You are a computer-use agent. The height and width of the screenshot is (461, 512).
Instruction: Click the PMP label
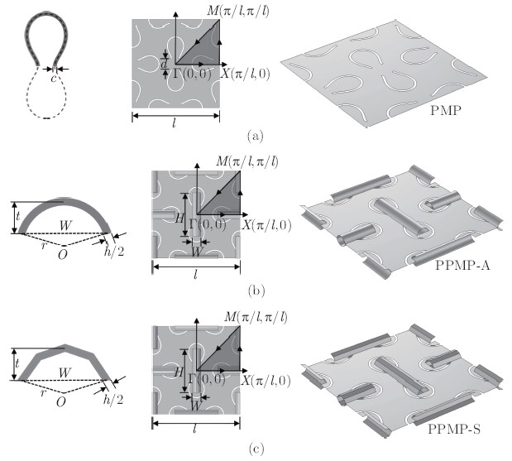coord(446,111)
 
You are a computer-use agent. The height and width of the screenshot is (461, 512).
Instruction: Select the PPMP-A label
coord(462,266)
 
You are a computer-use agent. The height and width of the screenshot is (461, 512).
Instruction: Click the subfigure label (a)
coord(255,135)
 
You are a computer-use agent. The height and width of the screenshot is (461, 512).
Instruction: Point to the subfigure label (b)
coord(256,291)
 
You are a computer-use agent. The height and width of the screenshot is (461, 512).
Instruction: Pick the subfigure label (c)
coord(256,449)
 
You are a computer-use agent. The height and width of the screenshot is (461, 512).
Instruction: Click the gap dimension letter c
coord(54,78)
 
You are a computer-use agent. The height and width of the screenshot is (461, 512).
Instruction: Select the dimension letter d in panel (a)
coord(164,64)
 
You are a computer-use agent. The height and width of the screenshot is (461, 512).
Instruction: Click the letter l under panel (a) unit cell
coord(175,123)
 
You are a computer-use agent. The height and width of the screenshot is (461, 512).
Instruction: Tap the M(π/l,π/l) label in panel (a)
coord(238,12)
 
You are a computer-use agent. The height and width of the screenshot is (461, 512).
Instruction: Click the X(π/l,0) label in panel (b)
coord(266,225)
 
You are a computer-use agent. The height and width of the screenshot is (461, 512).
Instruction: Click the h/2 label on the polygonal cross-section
coord(113,399)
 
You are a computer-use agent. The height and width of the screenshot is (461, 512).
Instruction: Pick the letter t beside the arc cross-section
coord(17,216)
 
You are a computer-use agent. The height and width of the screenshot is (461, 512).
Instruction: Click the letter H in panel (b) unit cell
coord(179,218)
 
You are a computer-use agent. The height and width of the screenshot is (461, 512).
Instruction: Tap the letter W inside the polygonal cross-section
coord(65,372)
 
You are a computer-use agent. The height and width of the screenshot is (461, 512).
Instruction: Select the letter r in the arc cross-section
coord(44,245)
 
